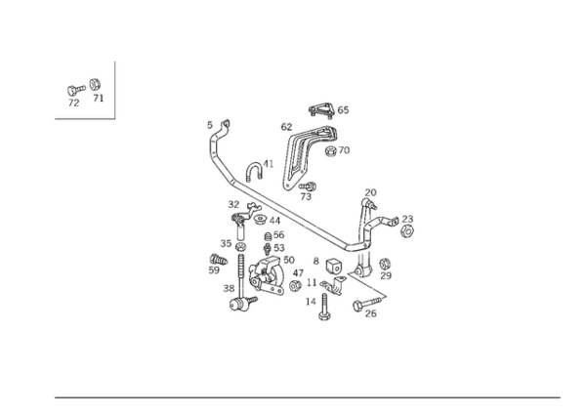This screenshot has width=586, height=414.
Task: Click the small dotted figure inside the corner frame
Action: coord(82,94)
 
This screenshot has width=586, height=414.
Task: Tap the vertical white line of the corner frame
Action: coord(115,88)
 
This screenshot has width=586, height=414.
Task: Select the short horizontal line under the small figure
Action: coord(83,117)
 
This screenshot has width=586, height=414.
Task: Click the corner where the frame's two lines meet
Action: coord(115,117)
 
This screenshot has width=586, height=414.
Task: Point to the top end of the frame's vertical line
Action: coord(115,60)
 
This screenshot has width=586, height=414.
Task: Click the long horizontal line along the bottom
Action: coord(307,396)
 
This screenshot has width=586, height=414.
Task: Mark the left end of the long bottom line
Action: coord(53,396)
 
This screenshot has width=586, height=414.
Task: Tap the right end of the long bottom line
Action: coord(562,396)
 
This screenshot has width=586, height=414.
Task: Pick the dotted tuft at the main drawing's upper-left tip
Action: coord(218,128)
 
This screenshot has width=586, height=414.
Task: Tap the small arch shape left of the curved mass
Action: coord(256,167)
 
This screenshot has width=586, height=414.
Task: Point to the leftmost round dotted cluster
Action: coord(217,262)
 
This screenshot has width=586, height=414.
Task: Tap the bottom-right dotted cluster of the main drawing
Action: coord(369,305)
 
